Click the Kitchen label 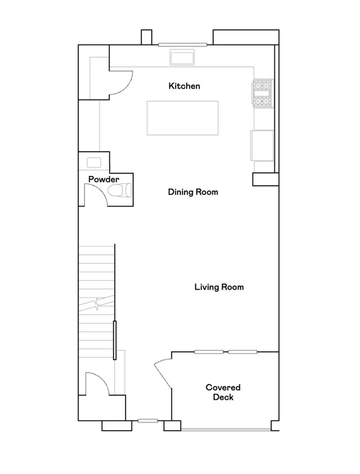184,86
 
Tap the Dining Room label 193,192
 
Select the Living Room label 219,287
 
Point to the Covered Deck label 223,392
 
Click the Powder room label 104,179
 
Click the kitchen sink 182,57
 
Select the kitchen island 182,118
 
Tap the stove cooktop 262,93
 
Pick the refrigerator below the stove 262,145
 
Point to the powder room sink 94,162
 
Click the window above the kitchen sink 182,45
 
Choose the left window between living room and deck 209,352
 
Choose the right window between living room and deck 243,352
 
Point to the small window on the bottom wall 148,421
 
